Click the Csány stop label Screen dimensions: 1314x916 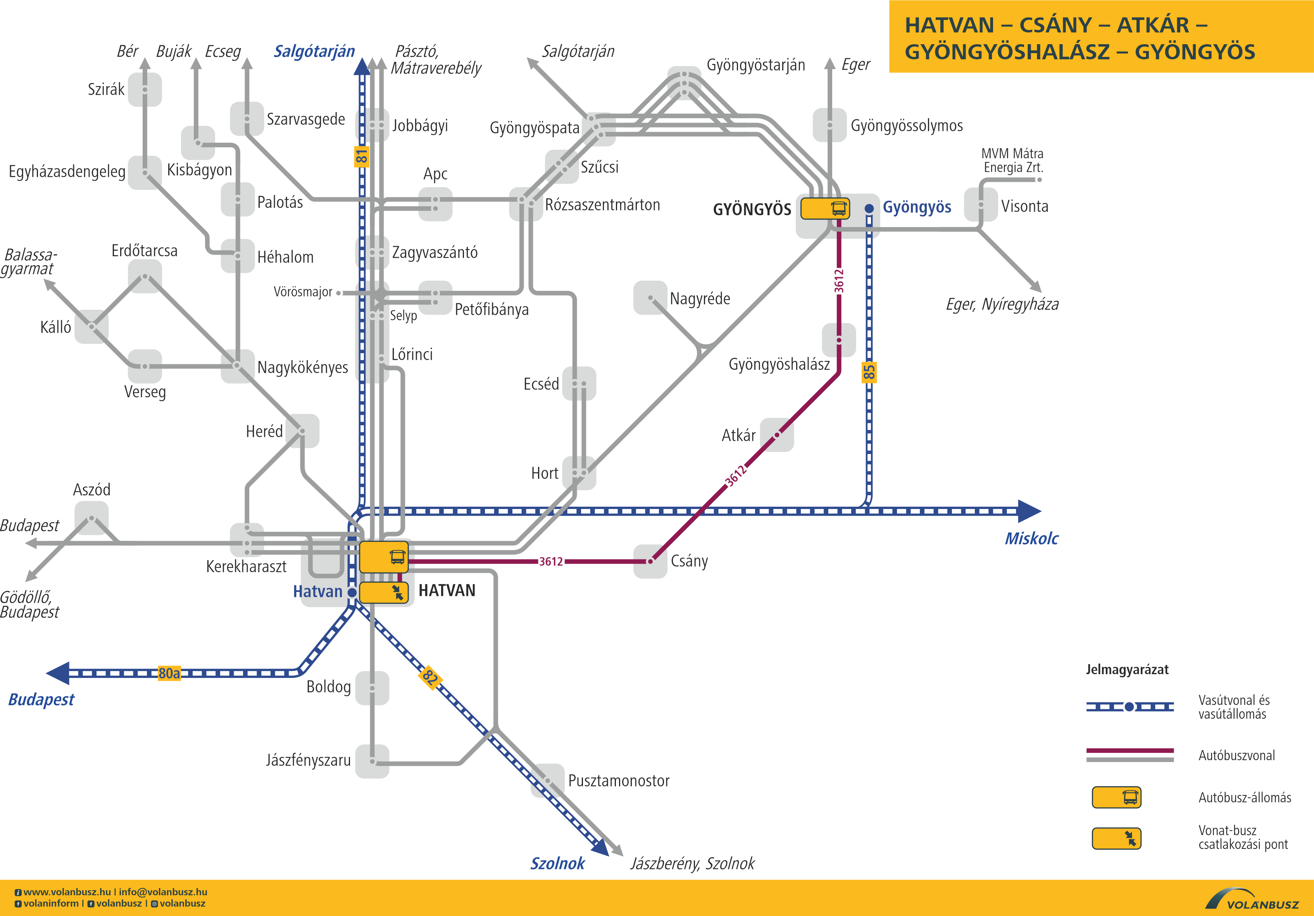[689, 561]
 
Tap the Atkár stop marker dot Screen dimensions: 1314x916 [777, 435]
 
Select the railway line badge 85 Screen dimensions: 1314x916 [869, 372]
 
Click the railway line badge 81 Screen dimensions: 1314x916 [361, 156]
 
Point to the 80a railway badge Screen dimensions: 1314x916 [169, 673]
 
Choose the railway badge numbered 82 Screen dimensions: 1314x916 [430, 678]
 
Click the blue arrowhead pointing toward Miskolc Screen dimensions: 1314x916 [1029, 511]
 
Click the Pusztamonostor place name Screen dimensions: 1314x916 [619, 781]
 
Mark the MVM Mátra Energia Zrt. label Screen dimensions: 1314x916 [1012, 160]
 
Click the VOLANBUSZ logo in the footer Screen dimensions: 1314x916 [1252, 899]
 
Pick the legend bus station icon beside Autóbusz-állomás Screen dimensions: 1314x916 [1117, 797]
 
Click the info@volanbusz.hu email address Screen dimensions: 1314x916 [163, 892]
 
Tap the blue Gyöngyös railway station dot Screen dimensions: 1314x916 [869, 209]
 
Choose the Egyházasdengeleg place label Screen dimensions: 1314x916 [67, 172]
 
